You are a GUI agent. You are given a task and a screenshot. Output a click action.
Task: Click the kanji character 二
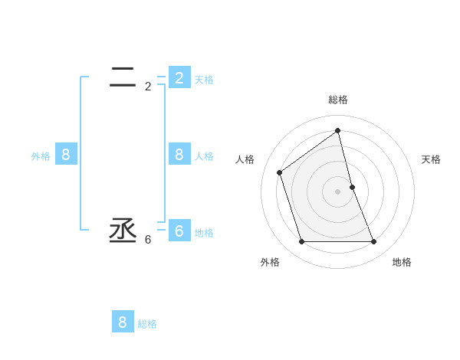tap(123, 76)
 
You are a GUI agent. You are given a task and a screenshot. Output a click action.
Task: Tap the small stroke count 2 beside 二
tap(148, 87)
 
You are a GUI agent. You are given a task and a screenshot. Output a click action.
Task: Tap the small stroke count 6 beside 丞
tap(148, 240)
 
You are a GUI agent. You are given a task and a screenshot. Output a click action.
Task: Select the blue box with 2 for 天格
tap(179, 78)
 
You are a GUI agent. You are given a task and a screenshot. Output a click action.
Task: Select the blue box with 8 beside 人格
tap(179, 155)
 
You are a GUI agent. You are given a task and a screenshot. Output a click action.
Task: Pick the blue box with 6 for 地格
tap(179, 231)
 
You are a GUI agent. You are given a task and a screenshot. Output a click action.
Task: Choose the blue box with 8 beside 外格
tap(66, 155)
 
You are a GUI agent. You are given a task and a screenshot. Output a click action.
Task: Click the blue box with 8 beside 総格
tap(123, 322)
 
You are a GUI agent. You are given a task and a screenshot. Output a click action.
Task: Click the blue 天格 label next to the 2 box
tap(204, 80)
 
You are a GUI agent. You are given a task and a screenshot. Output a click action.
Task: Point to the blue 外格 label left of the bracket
tap(41, 156)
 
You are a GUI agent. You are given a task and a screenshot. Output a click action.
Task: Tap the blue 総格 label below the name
tap(147, 324)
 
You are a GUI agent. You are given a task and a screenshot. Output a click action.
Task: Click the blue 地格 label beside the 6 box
tap(204, 233)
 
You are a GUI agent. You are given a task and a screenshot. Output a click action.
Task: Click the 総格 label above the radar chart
tap(338, 100)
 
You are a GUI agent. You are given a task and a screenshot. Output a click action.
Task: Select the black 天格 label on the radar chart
tap(431, 159)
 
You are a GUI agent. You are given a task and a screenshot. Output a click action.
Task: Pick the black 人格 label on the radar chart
tap(245, 159)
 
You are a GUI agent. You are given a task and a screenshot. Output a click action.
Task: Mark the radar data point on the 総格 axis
tap(338, 130)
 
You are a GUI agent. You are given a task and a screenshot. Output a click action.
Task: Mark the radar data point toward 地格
tap(374, 242)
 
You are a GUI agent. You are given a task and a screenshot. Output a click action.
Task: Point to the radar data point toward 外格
tap(301, 242)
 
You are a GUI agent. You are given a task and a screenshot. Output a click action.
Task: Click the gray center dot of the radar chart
tap(338, 191)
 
